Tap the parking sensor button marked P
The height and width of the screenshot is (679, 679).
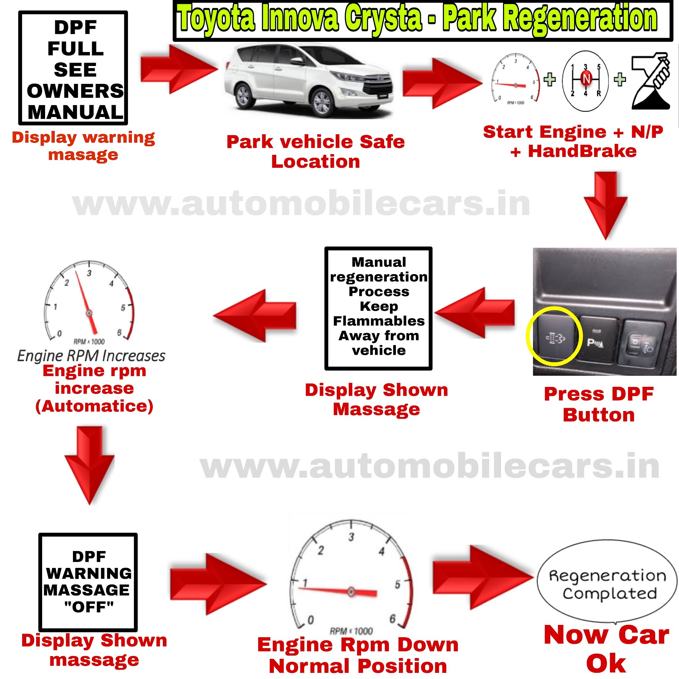(597, 341)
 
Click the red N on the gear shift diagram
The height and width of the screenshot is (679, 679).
(586, 79)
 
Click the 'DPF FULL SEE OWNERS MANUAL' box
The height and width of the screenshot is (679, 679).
(73, 68)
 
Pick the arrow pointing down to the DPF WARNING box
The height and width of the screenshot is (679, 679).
(90, 464)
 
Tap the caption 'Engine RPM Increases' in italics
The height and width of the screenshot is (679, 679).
(91, 356)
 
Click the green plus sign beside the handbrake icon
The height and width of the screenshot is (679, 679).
(620, 80)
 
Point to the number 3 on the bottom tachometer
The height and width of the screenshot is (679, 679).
(351, 537)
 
